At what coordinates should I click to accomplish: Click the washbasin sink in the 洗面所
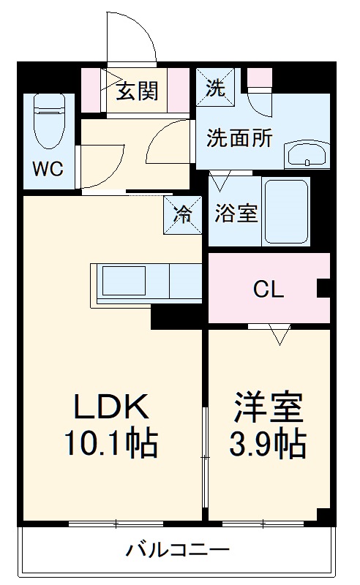tap(308, 154)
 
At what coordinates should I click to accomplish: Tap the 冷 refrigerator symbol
tap(183, 215)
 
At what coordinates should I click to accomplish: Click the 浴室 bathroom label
tap(236, 214)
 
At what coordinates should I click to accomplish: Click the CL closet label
tap(269, 290)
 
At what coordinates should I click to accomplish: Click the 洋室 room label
tap(269, 407)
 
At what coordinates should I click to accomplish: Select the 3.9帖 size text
tap(269, 442)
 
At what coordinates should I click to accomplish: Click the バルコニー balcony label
tap(177, 550)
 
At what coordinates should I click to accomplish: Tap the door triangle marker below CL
tap(278, 335)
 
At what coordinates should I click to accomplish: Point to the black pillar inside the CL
tap(323, 289)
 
